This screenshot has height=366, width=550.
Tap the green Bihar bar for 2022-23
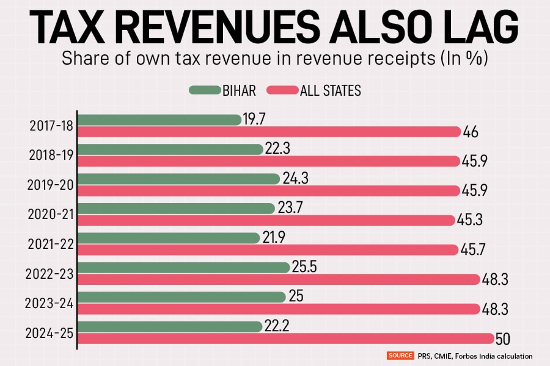click(x=184, y=267)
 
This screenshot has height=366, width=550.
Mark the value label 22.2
click(x=277, y=326)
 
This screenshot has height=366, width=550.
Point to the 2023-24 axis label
click(x=50, y=303)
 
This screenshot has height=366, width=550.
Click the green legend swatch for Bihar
click(x=204, y=90)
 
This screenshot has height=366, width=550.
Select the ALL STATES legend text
click(x=331, y=91)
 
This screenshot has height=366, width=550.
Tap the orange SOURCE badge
click(x=400, y=355)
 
